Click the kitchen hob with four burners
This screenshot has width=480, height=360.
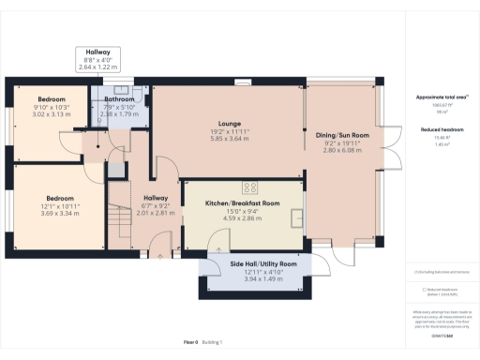pos(250,186)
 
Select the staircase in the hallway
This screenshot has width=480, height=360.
pos(120,225)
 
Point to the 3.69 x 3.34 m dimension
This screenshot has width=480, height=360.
pos(61,214)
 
